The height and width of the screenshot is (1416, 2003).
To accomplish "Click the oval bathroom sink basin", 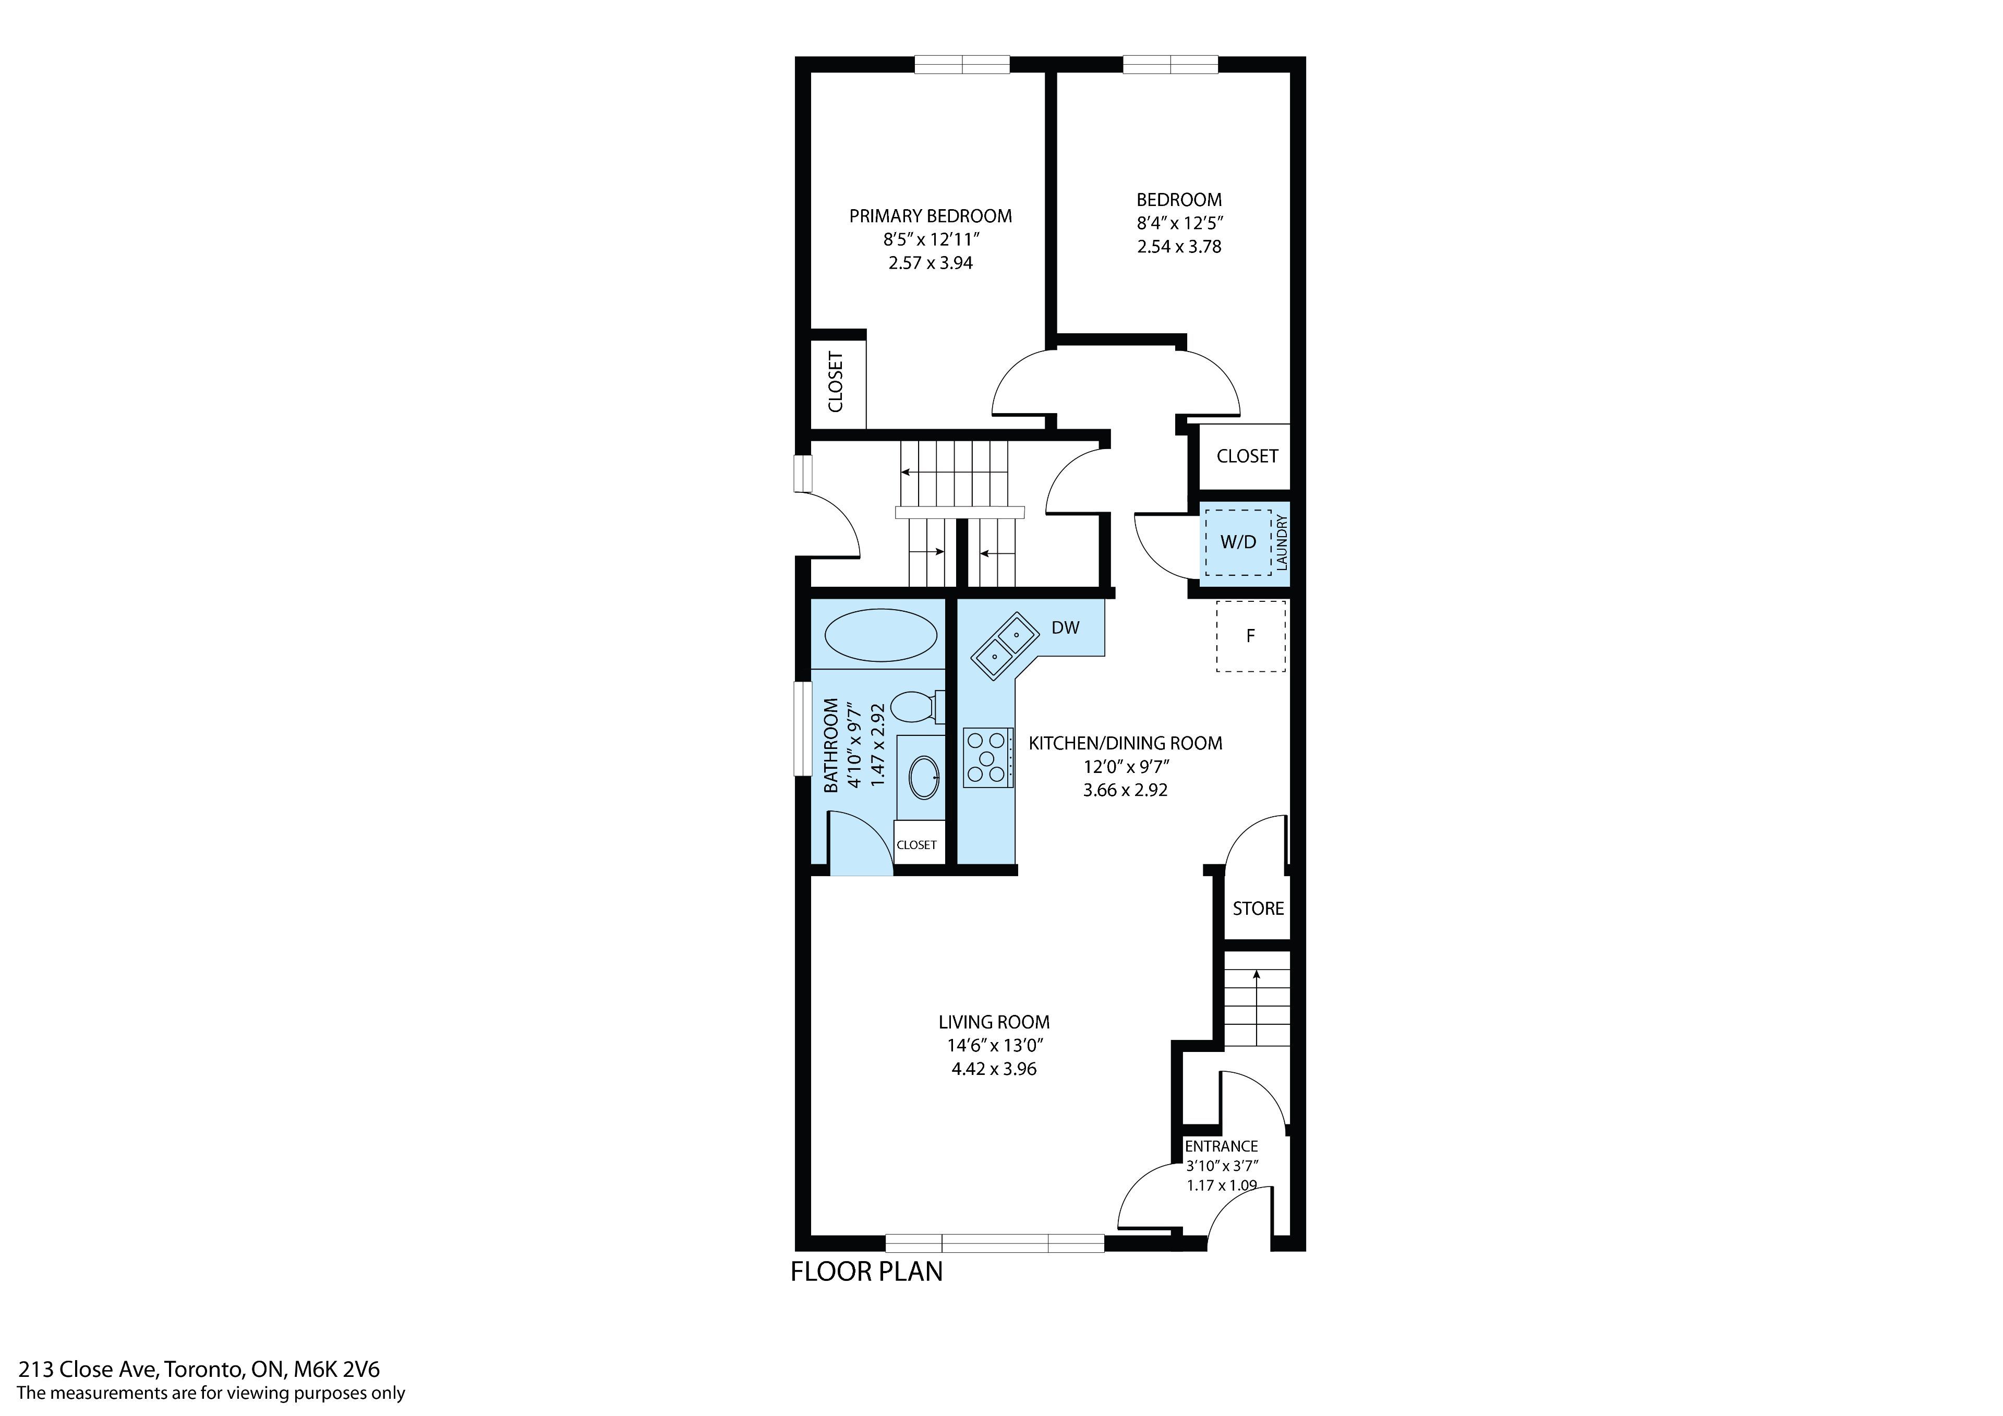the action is click(924, 777).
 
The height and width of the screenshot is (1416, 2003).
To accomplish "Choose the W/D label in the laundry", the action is click(1238, 542).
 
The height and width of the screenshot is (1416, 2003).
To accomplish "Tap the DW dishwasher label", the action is click(1065, 627).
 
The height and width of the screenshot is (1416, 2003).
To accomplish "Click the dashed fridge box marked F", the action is click(1251, 636).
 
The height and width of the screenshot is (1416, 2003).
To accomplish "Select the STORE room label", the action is click(1258, 908).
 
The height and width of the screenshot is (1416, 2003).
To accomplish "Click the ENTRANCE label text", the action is click(1221, 1145).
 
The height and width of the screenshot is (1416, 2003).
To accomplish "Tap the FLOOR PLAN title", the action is click(866, 1271).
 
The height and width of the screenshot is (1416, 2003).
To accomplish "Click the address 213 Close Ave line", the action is click(199, 1369).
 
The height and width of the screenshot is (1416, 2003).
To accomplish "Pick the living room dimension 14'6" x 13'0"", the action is click(995, 1045).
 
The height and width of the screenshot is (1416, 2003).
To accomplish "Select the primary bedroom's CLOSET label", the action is click(836, 382).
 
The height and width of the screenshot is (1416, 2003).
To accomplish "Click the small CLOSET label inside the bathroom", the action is click(917, 844).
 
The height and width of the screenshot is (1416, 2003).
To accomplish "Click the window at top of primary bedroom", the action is click(962, 65).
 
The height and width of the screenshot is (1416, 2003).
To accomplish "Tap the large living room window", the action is click(995, 1243).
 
